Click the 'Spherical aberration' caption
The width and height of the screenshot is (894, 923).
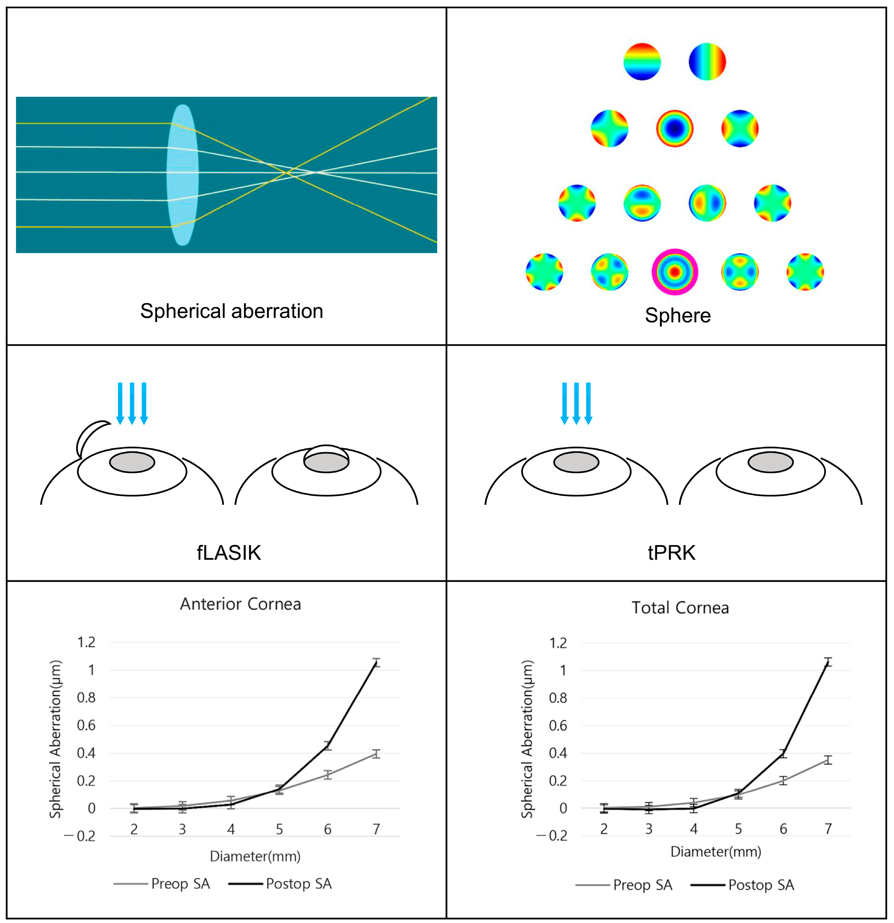(232, 311)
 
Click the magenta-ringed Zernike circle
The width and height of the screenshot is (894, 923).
(675, 272)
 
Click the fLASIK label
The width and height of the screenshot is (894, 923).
(229, 553)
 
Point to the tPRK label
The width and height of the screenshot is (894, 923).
(671, 553)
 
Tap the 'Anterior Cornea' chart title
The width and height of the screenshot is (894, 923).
(240, 604)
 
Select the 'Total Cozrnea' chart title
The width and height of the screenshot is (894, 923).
(680, 608)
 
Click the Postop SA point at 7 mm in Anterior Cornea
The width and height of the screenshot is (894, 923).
(376, 663)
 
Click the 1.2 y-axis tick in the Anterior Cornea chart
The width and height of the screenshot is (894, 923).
(86, 642)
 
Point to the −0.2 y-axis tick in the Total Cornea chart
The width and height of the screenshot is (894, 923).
(552, 836)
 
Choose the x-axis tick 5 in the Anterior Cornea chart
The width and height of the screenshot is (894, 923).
(279, 829)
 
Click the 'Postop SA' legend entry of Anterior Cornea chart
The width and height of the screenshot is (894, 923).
(280, 884)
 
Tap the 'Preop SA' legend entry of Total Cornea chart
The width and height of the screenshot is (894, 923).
(624, 885)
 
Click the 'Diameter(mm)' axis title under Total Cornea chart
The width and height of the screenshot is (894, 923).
(715, 851)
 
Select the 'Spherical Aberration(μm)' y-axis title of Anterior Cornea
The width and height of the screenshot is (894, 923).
(56, 739)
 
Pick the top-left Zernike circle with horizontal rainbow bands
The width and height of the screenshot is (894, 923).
(642, 62)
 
